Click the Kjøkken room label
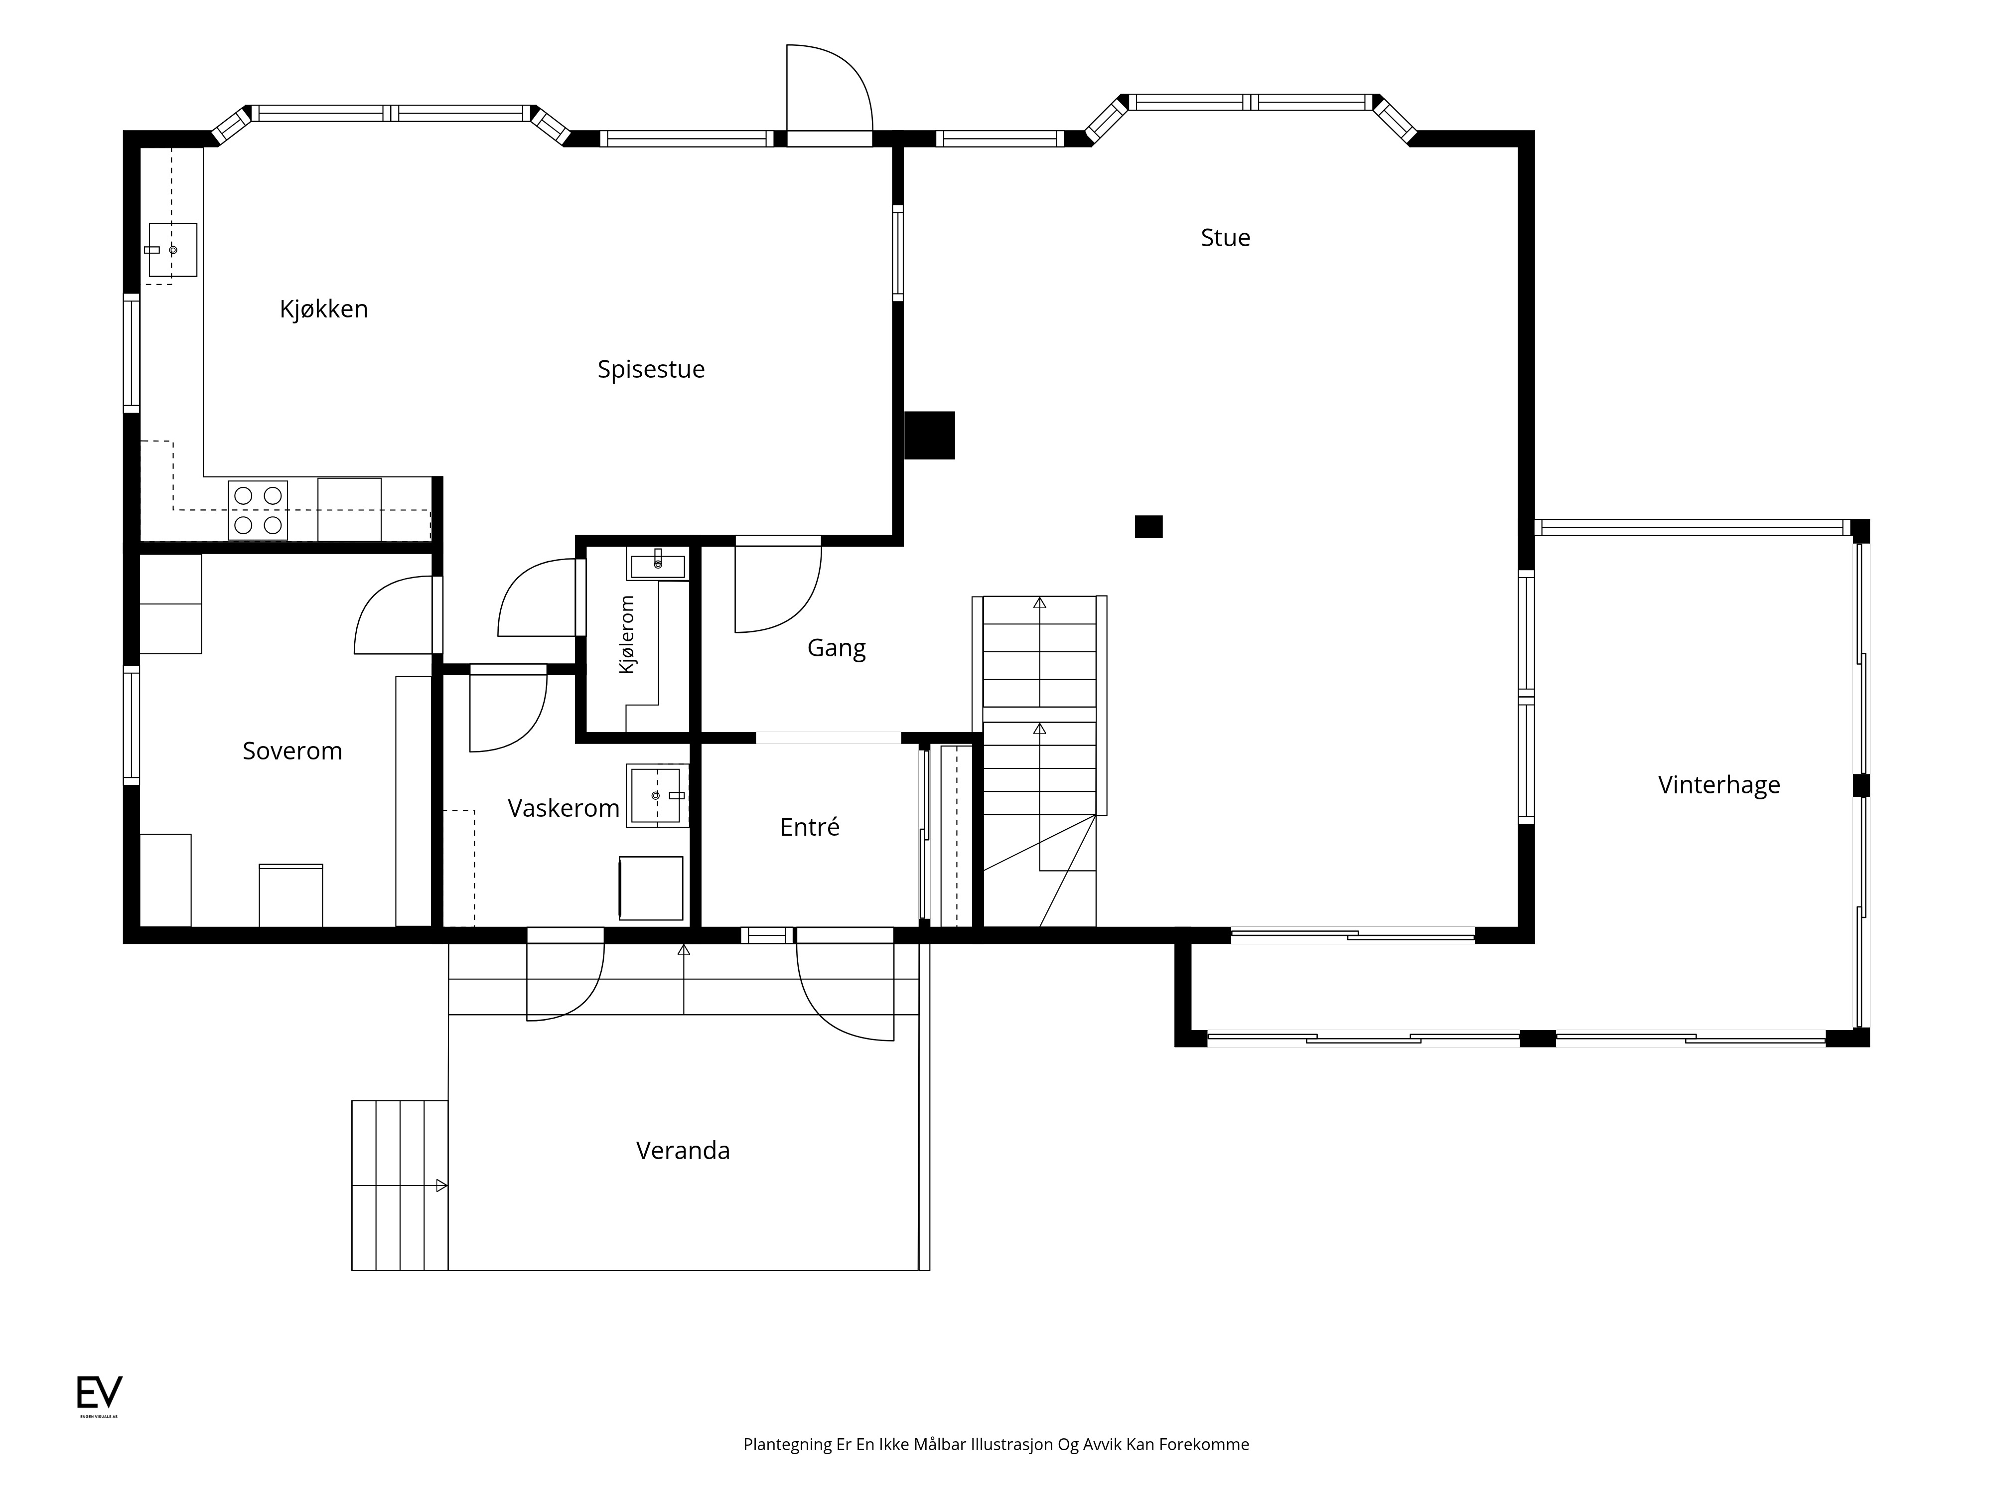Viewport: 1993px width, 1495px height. tap(323, 309)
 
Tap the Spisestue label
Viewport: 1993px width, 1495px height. tap(651, 369)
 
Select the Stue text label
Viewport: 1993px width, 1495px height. tap(1225, 238)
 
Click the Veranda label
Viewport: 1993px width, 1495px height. tap(683, 1151)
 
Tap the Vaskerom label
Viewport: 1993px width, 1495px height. tap(563, 808)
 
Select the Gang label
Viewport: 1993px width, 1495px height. tap(836, 648)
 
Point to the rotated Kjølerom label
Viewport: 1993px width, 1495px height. tap(627, 634)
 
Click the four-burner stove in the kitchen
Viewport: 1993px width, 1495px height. tap(258, 510)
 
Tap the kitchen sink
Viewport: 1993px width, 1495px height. tap(171, 250)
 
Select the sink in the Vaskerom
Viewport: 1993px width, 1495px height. tap(657, 796)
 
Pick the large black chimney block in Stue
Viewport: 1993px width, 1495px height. tap(929, 435)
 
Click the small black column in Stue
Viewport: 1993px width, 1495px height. tap(1149, 526)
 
